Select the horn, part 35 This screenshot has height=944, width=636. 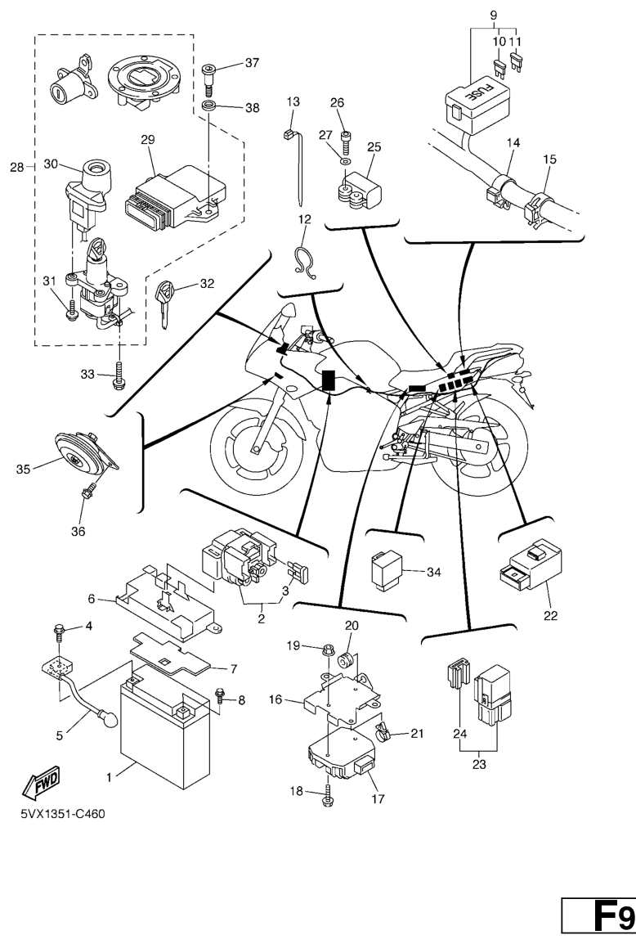coord(79,455)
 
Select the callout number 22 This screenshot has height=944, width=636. coord(552,615)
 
